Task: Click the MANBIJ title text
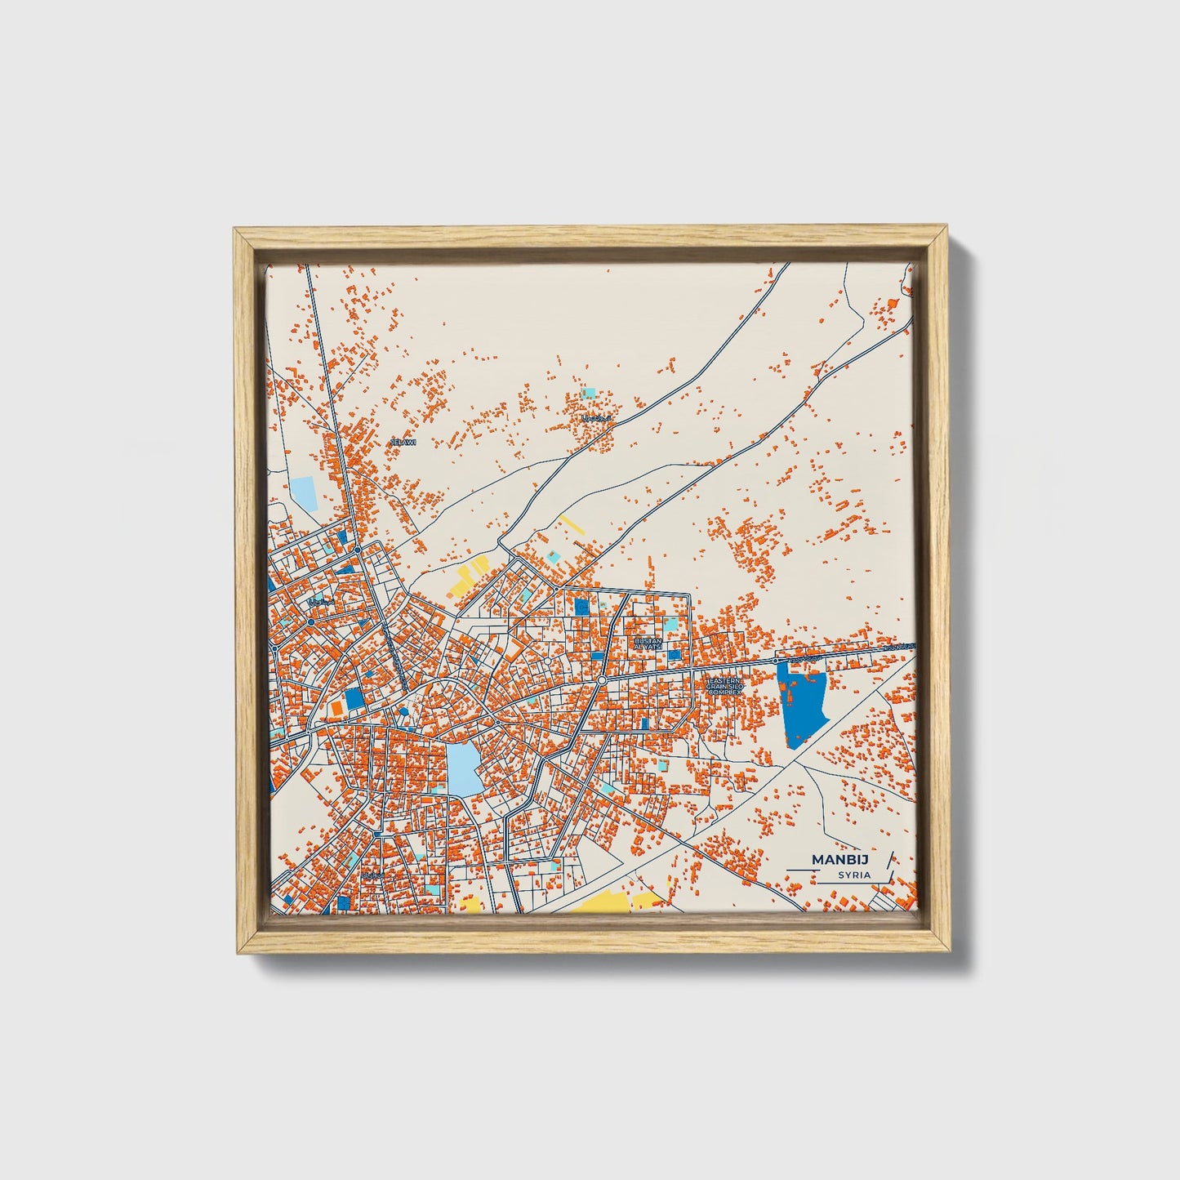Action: (x=840, y=859)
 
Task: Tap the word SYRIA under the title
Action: (x=853, y=875)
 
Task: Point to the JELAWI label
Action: (x=403, y=442)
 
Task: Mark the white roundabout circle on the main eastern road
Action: (x=601, y=679)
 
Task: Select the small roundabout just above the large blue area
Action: (x=775, y=661)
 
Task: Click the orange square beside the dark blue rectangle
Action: (x=336, y=706)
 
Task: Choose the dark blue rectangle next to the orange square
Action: (x=353, y=699)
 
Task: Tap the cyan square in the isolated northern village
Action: (x=588, y=393)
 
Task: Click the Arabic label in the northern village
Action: (x=596, y=419)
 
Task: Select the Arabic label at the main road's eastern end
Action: (x=901, y=646)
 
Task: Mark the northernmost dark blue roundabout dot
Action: (x=358, y=550)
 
